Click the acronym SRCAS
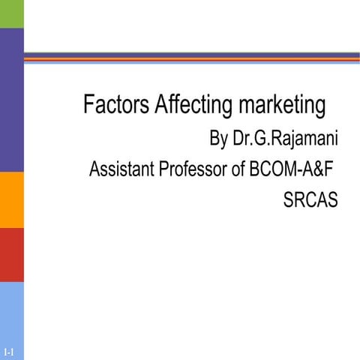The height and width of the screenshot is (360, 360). coord(312,200)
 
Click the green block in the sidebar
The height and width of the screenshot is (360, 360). coord(12,13)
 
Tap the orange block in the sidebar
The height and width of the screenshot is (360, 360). coord(12,199)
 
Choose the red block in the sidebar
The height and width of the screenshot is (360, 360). coord(12,254)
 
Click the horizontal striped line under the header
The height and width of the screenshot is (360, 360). coord(191,58)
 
